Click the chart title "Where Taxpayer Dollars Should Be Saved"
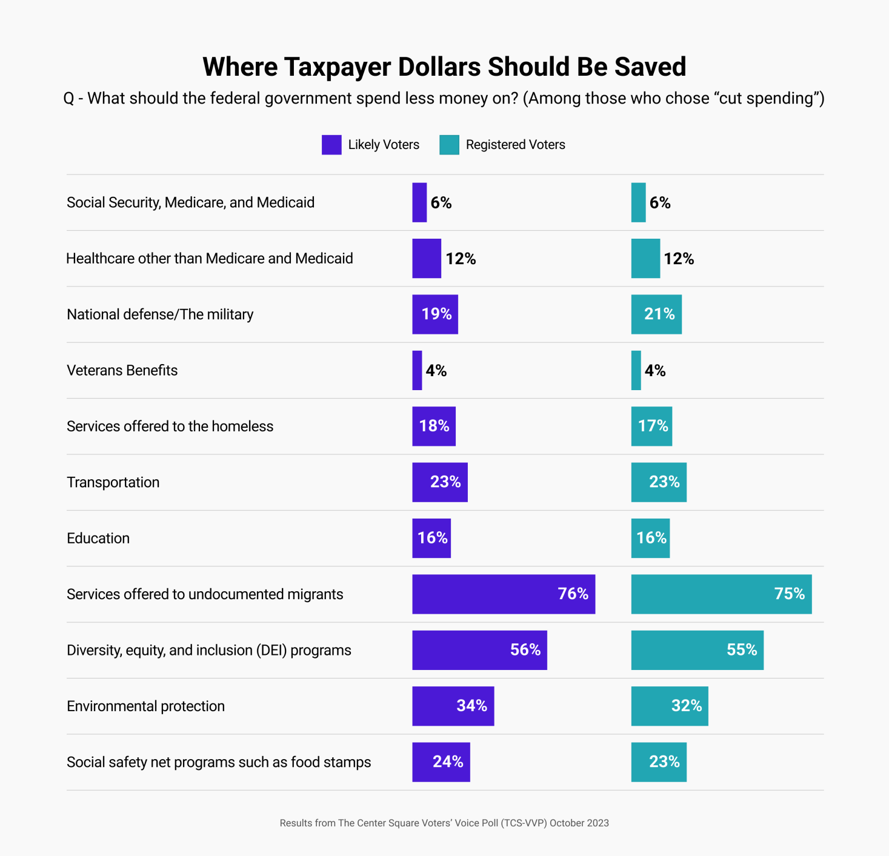click(x=444, y=67)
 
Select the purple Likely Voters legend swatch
click(x=331, y=145)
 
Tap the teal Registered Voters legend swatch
click(x=449, y=145)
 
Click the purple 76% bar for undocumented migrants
click(x=503, y=594)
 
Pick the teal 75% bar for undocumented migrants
click(x=721, y=594)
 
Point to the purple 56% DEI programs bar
click(x=479, y=650)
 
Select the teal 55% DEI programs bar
click(x=697, y=650)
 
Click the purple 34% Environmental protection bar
click(x=453, y=706)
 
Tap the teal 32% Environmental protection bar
click(x=670, y=706)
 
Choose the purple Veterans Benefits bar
click(x=417, y=370)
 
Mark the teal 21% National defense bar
click(x=656, y=314)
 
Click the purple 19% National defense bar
click(x=435, y=314)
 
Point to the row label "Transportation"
click(x=113, y=482)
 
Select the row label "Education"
click(x=98, y=539)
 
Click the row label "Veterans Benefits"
click(x=122, y=370)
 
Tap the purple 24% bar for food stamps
click(x=441, y=762)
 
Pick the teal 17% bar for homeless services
click(x=651, y=426)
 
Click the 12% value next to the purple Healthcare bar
click(x=461, y=259)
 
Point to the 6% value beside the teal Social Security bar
click(x=660, y=203)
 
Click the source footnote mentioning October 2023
click(x=444, y=823)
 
